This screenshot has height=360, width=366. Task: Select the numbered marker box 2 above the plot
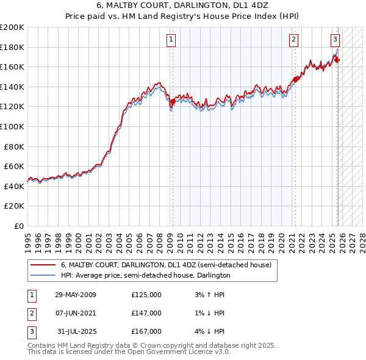293,40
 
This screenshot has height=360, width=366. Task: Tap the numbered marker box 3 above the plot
335,40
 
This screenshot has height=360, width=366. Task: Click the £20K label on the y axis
14,206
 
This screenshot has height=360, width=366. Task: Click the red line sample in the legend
43,265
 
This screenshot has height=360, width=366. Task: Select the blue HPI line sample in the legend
43,276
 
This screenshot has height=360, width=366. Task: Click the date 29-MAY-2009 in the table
76,295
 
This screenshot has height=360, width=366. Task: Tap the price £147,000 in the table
146,313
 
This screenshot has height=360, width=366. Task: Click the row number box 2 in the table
32,313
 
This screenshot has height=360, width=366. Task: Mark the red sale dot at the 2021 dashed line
295,79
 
